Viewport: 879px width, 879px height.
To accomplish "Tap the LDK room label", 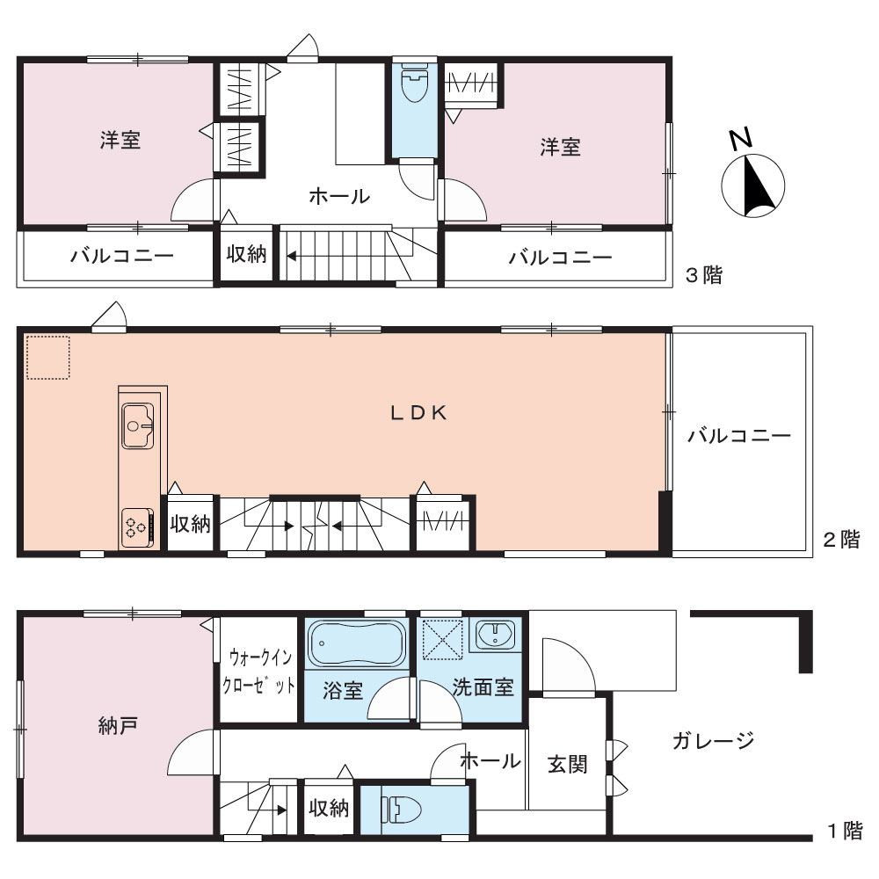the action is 418,413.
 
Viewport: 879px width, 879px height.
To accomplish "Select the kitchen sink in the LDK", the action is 138,425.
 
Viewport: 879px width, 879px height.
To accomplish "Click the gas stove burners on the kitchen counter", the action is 137,527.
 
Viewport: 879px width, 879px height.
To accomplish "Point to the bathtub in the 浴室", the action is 357,643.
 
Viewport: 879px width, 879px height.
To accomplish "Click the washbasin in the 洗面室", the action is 495,634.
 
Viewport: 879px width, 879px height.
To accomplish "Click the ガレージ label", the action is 714,740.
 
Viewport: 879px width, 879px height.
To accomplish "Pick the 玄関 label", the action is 567,764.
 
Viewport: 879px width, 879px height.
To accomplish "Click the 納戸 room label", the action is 118,726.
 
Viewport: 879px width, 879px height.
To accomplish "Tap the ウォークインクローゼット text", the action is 258,671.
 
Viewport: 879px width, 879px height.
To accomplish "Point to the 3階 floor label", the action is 704,275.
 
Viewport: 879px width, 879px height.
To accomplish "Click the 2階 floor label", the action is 841,540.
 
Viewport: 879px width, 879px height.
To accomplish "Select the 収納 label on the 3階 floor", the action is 246,254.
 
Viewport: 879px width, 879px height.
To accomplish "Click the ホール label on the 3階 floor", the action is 339,196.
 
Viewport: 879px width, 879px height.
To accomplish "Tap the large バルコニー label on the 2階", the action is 739,436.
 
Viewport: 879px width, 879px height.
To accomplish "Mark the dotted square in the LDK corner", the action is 48,358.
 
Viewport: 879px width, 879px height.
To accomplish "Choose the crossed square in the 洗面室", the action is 442,637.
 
